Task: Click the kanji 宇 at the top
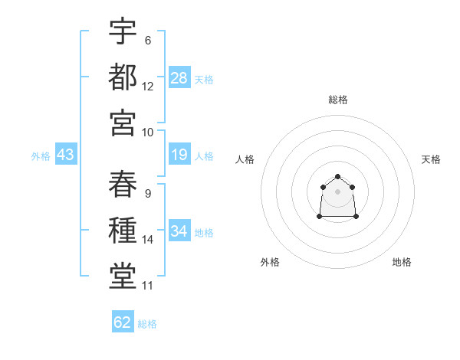point(123,31)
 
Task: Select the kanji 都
point(123,77)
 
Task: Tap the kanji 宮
point(123,123)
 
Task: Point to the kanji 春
point(123,184)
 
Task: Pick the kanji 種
point(123,230)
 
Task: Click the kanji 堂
point(123,276)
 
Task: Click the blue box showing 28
point(179,77)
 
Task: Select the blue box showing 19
point(179,154)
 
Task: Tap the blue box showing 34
point(179,230)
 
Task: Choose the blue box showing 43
point(66,154)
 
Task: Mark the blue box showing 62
point(123,321)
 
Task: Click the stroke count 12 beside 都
point(147,87)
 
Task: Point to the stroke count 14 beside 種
point(147,240)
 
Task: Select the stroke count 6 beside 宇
point(148,41)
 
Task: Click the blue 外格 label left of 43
point(41,156)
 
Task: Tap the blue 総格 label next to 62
point(147,324)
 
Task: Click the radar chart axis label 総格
point(338,100)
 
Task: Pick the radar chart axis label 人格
point(245,159)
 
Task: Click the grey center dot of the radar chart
point(337,191)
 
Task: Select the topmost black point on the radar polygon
point(337,176)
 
